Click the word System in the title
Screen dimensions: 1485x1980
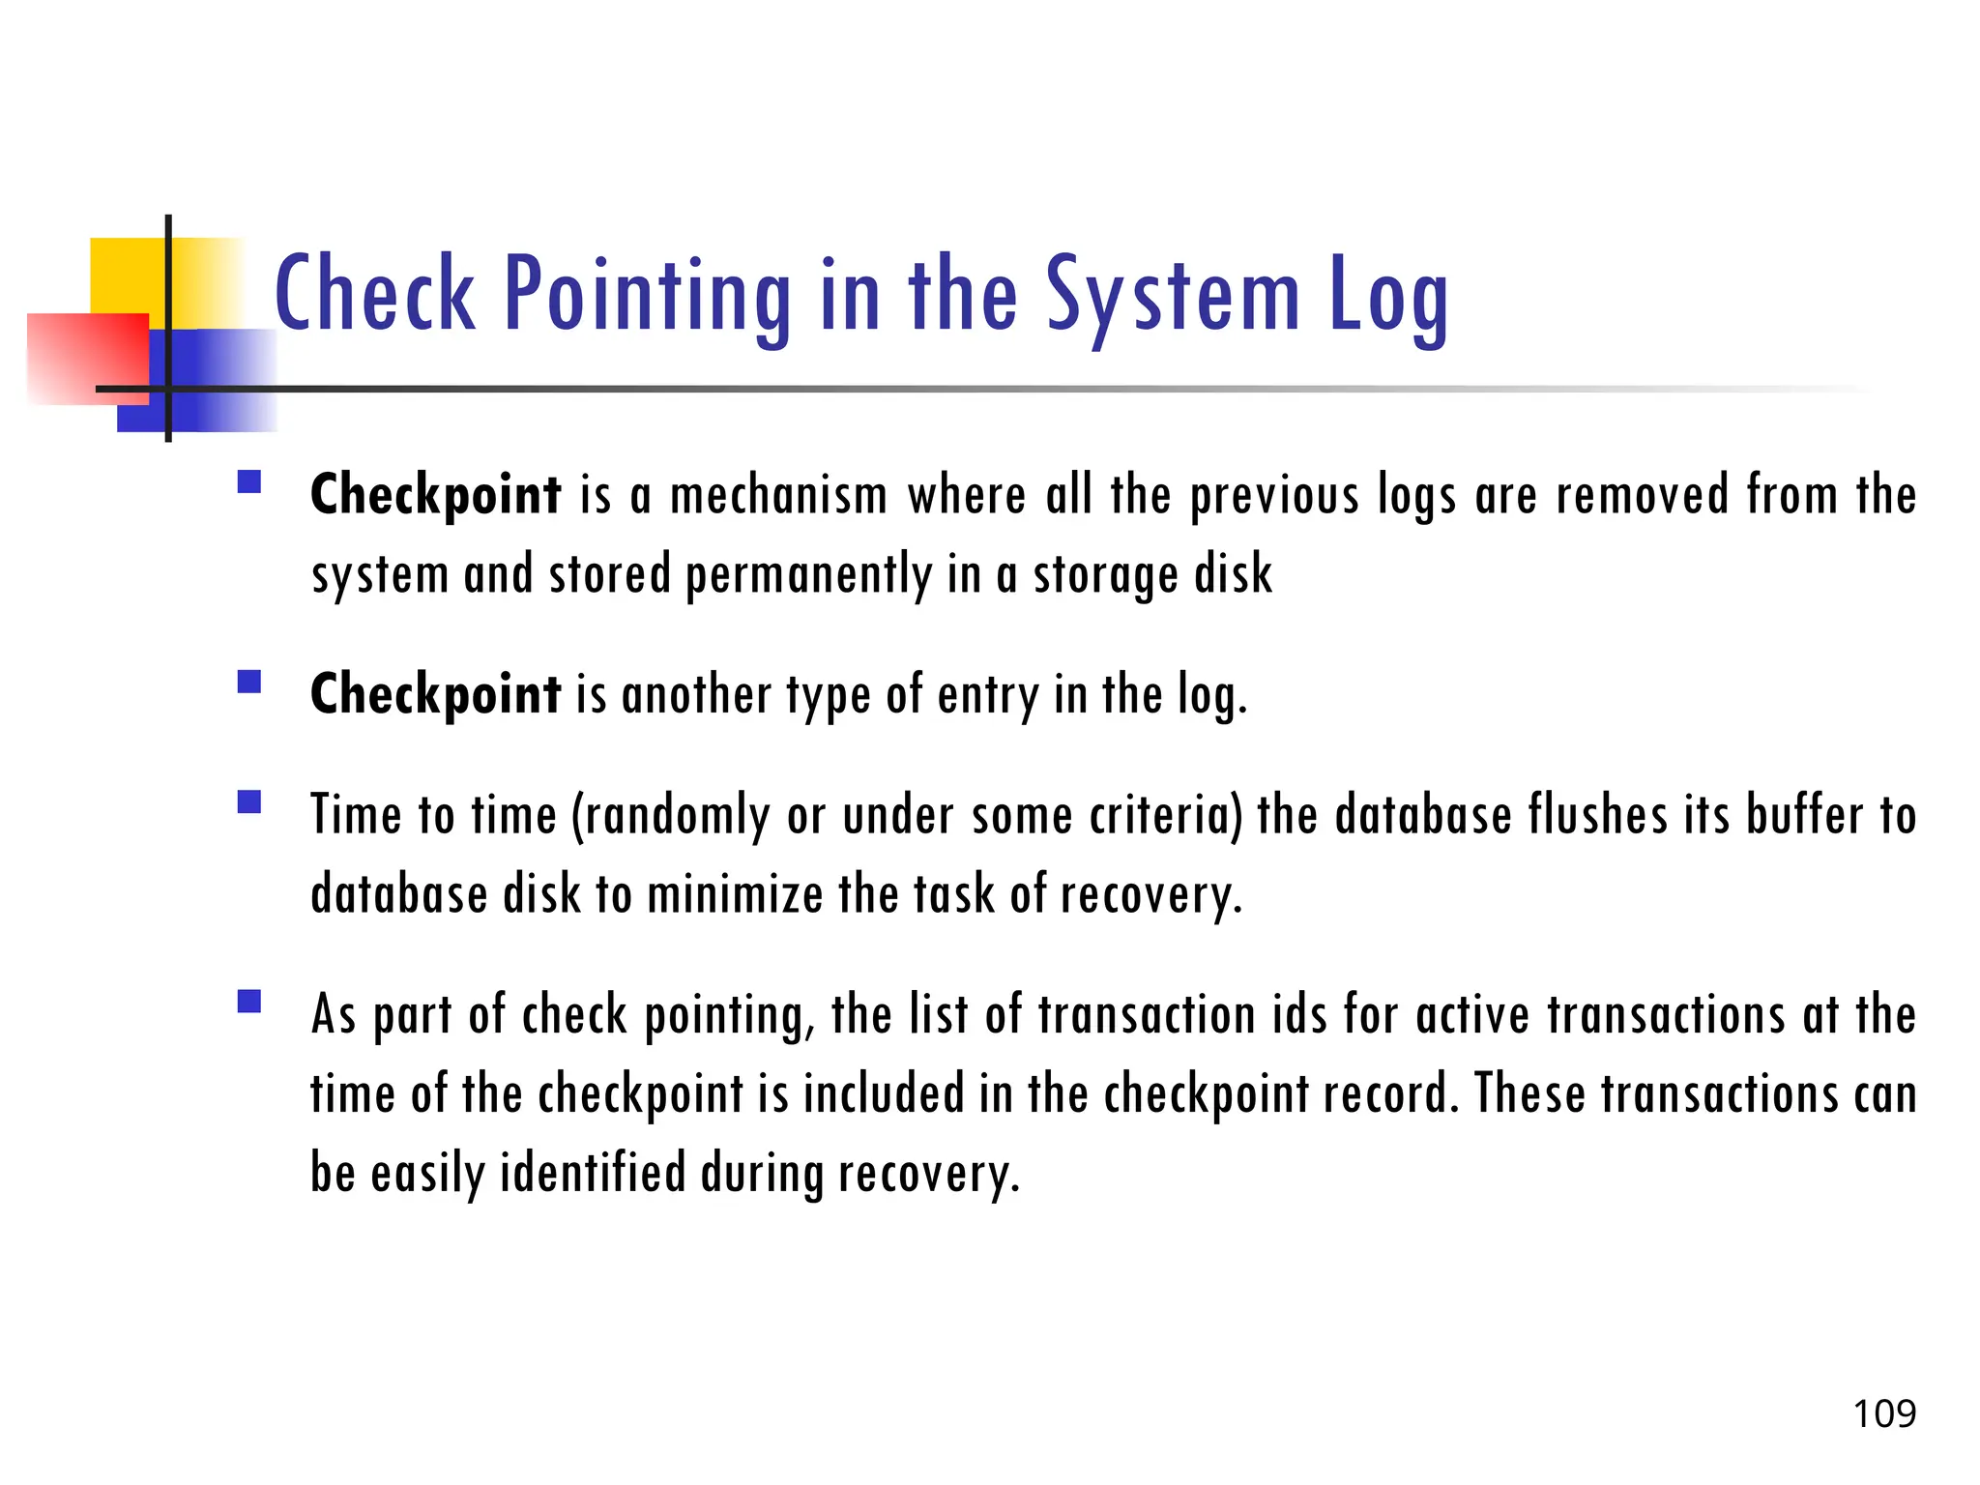click(x=1174, y=295)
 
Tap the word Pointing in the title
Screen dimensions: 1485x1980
click(x=647, y=295)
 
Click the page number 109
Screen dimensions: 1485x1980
click(x=1883, y=1413)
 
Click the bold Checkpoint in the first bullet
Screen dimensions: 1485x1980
click(x=435, y=495)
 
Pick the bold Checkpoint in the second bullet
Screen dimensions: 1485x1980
click(x=435, y=694)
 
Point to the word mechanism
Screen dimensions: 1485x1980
click(x=778, y=495)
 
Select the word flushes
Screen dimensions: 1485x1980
click(x=1597, y=815)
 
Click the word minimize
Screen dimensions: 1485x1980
click(x=734, y=894)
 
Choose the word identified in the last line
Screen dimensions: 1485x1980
click(x=592, y=1173)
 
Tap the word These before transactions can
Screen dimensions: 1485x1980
click(x=1529, y=1094)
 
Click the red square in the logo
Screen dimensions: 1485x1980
click(x=87, y=358)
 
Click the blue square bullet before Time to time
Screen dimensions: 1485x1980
click(x=249, y=802)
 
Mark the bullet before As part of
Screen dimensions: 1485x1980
click(x=249, y=1001)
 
